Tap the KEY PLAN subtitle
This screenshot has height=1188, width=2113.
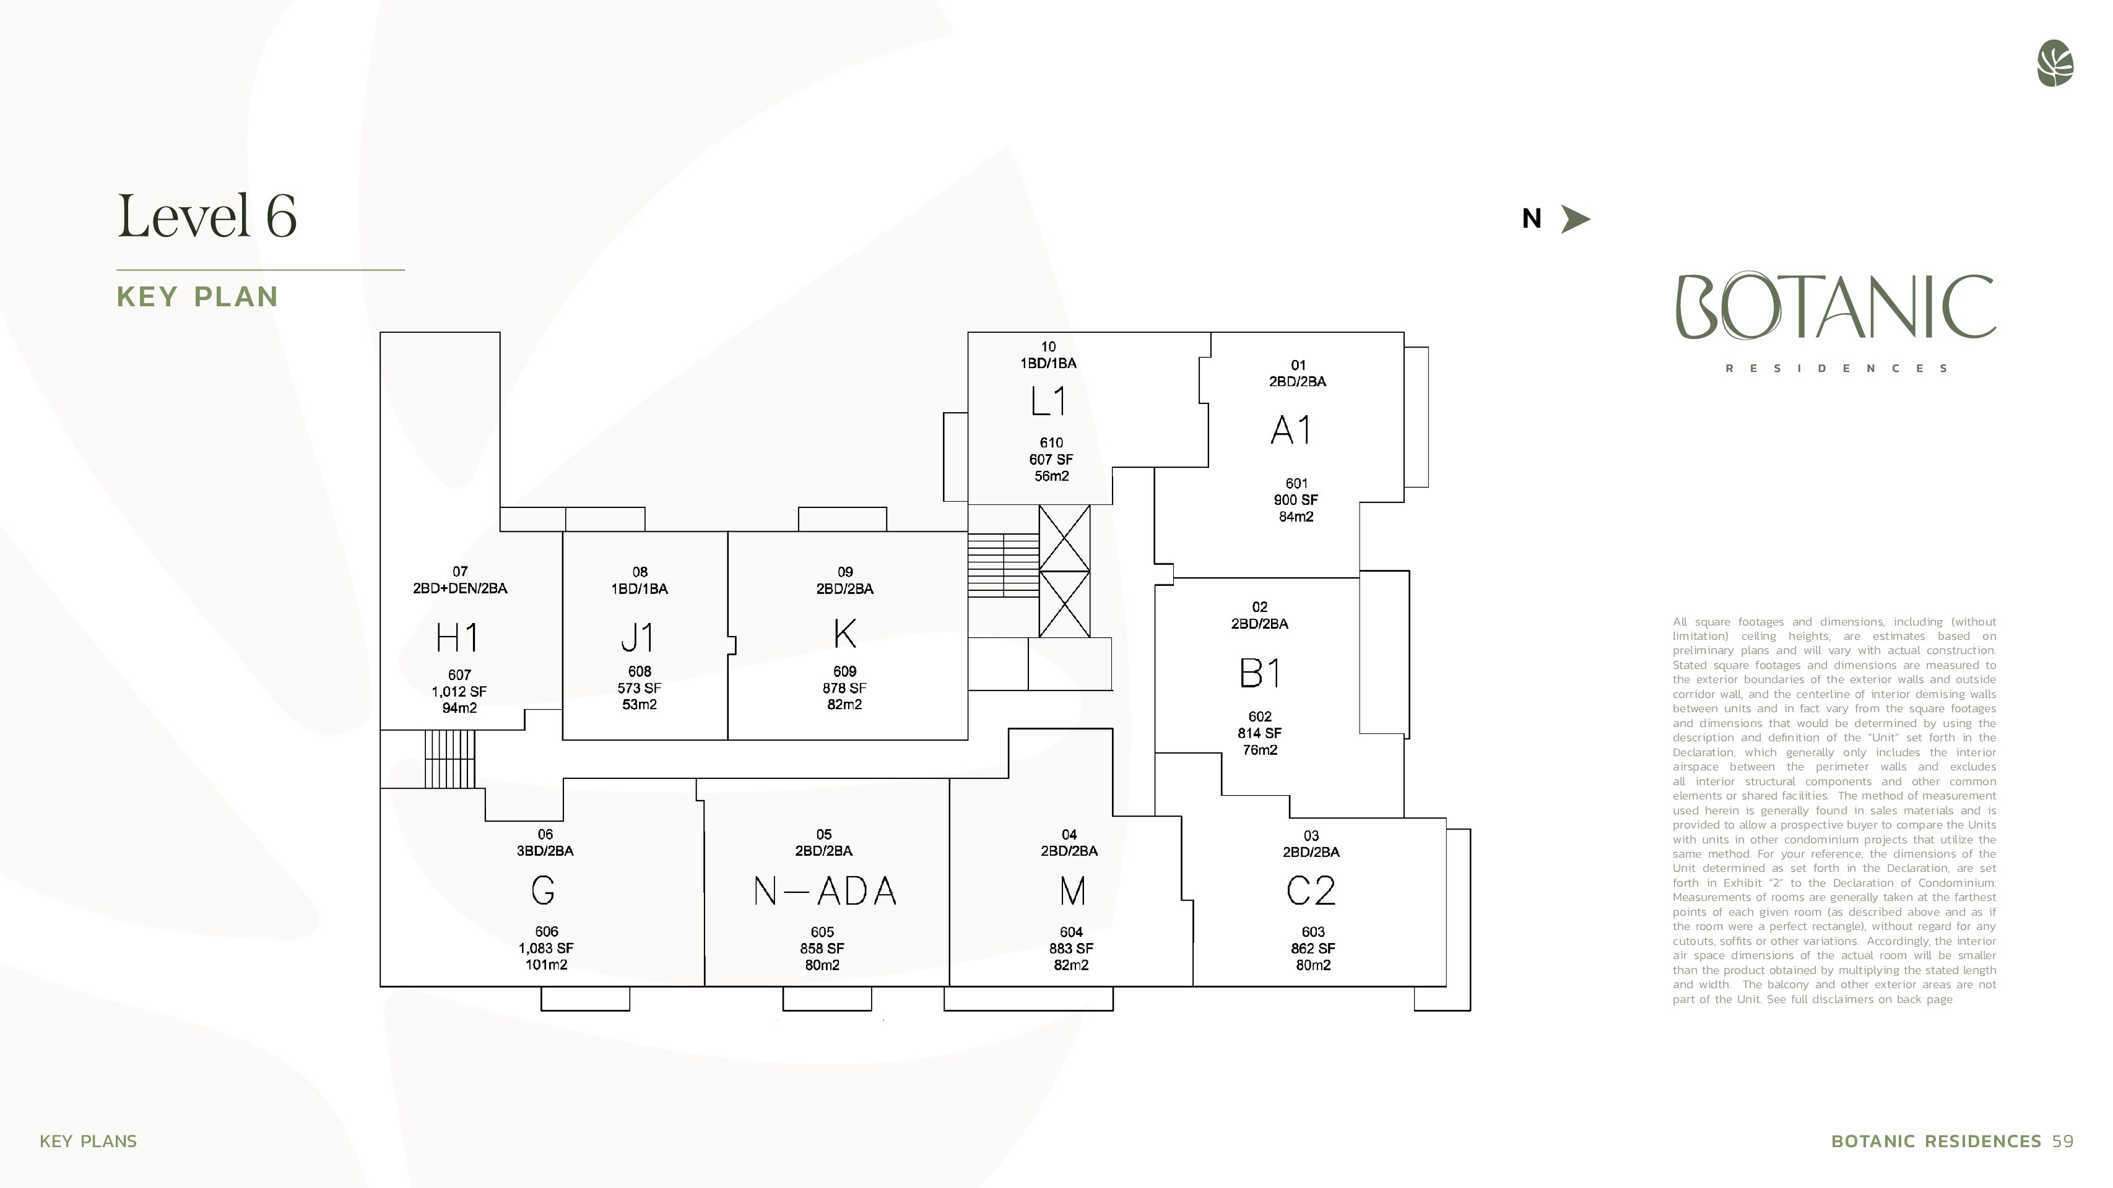197,297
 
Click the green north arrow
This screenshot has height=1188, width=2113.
1575,219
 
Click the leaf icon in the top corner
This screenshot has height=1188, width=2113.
2055,63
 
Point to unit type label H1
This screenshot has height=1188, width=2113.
457,637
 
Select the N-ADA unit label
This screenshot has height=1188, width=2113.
825,890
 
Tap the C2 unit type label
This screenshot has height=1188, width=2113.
1311,890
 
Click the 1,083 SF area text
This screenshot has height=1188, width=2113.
545,948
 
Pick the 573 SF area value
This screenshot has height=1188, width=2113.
639,688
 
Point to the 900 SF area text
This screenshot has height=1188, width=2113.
1296,500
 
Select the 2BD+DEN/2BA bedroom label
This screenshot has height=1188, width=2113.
459,588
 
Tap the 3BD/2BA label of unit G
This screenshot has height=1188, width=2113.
545,851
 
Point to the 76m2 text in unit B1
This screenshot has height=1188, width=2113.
1260,750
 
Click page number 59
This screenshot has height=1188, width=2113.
2063,1141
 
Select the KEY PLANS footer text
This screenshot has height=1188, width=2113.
89,1141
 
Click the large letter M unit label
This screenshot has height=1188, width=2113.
1072,890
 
